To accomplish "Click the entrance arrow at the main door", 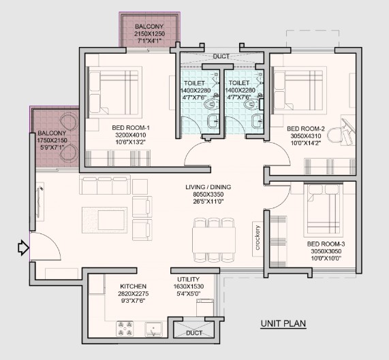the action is point(24,248).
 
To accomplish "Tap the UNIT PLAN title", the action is point(283,323).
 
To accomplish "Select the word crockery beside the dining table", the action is point(258,238).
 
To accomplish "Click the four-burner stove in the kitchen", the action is point(125,329).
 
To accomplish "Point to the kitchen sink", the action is point(153,329).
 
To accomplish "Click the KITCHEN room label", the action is point(134,287).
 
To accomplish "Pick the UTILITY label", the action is point(188,279).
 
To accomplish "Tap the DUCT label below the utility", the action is point(194,333).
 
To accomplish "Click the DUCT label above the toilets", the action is point(221,56).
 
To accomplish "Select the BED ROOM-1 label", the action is point(131,128).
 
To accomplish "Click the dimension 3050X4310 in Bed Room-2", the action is point(306,136).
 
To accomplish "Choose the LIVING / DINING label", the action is point(208,187).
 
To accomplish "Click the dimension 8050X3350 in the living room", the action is point(208,194).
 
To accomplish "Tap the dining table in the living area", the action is point(214,240).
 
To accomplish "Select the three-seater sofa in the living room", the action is point(105,184).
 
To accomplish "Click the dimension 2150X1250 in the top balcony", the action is point(149,34).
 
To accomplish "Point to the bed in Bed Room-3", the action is point(323,210).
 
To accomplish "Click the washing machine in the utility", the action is point(205,308).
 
